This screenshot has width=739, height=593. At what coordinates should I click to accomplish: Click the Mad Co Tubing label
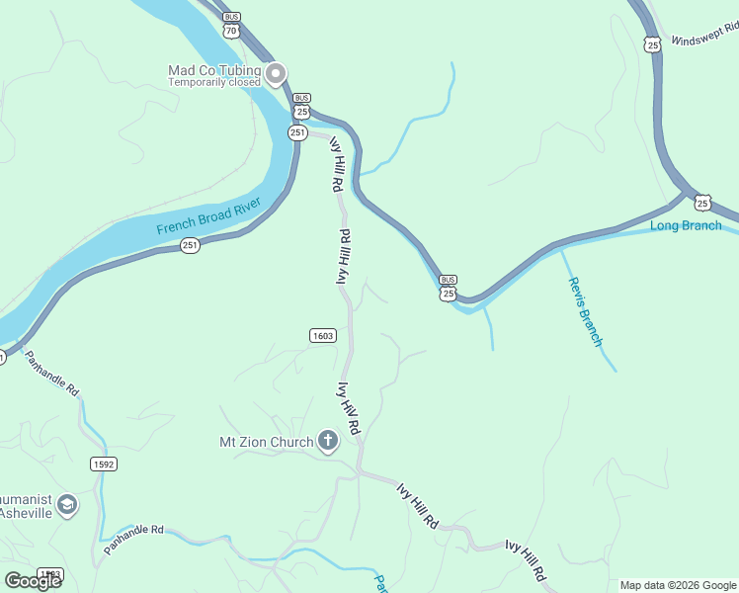point(214,70)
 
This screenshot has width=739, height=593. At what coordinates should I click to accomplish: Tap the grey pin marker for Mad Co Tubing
point(277,72)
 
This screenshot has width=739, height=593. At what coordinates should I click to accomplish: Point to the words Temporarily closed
point(213,83)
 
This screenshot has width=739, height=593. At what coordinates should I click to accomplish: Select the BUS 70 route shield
point(231,25)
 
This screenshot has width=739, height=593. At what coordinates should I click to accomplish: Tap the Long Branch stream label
point(686,226)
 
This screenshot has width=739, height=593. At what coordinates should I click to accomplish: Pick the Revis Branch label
point(585,311)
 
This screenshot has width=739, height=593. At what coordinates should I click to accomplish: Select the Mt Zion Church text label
point(266,442)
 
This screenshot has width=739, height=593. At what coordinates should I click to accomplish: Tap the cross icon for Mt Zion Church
point(328,442)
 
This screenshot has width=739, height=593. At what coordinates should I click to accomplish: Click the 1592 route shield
point(104,464)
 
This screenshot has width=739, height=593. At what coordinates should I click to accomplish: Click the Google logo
point(34,580)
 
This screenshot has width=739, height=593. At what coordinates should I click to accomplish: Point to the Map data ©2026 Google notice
point(679,585)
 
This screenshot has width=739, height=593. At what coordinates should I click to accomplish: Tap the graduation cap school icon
point(66,506)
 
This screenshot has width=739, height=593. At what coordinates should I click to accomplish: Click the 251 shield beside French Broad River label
point(191,245)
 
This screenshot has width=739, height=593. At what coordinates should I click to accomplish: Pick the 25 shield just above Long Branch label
point(702,203)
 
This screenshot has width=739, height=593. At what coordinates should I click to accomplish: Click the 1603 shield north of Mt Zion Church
point(323,336)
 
